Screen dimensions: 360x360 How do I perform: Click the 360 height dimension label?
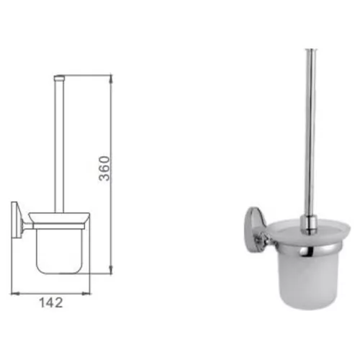coord(104,168)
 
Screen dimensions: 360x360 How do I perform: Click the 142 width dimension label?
coord(51,302)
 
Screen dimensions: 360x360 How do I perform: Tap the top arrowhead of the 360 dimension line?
coord(111,78)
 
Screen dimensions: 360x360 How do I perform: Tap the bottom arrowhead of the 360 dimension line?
coord(111,270)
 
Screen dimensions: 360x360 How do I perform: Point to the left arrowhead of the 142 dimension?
coord(15,293)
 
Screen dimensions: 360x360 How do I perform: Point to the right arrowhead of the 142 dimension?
coord(86,293)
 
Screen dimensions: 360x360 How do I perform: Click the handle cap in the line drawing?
coord(59,77)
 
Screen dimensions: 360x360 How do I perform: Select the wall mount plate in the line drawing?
coord(14,220)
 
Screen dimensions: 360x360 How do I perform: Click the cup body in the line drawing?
coord(59,251)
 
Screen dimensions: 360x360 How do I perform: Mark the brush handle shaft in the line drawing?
coord(59,146)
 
